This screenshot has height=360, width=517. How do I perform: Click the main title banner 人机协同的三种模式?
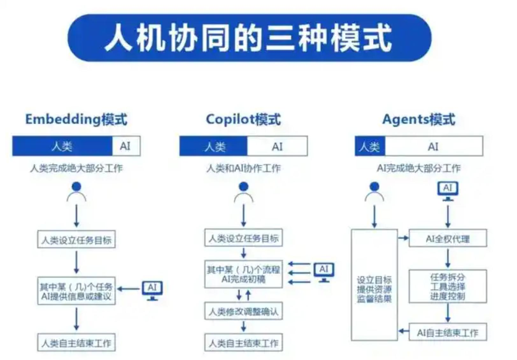point(249,38)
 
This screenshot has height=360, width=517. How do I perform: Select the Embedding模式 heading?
point(76,119)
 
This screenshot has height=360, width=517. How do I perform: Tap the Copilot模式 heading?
point(244,119)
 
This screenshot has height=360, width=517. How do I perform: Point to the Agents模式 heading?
point(419,119)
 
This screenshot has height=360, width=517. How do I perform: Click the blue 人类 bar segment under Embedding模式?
point(62,146)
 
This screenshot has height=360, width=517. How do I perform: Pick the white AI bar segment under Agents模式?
point(433,146)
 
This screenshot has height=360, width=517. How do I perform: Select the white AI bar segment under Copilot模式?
point(277,146)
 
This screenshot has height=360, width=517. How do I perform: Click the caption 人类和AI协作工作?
point(244,168)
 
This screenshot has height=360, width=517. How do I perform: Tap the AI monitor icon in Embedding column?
point(152,290)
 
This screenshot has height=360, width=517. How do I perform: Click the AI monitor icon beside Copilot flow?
point(324,272)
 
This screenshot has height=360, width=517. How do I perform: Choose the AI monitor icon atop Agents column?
point(448,190)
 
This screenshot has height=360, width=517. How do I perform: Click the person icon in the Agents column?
point(374,192)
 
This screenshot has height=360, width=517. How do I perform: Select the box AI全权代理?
point(448,238)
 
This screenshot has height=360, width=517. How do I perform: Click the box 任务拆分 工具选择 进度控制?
point(448,286)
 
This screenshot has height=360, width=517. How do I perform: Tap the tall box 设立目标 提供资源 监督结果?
point(374,285)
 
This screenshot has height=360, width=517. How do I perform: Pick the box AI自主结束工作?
point(448,332)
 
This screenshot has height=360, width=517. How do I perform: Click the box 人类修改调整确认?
point(244,311)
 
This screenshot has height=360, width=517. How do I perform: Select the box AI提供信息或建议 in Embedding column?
point(76,291)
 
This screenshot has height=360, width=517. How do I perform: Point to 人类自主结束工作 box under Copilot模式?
point(244,342)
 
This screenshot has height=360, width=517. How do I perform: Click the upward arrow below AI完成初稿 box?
point(248,295)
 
